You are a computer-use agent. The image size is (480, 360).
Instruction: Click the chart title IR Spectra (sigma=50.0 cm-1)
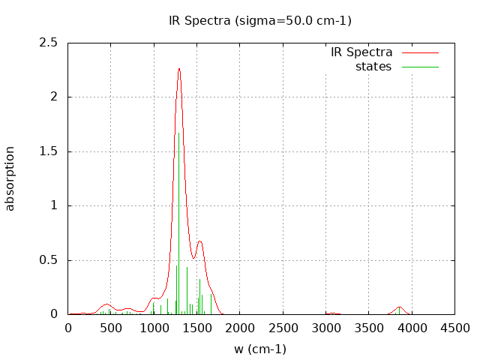pyautogui.click(x=260, y=20)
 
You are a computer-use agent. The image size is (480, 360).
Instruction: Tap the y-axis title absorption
pyautogui.click(x=10, y=178)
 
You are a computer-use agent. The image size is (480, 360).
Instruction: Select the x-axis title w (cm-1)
pyautogui.click(x=260, y=349)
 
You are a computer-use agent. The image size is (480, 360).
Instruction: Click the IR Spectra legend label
pyautogui.click(x=361, y=52)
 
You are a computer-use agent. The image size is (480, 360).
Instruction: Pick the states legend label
pyautogui.click(x=373, y=67)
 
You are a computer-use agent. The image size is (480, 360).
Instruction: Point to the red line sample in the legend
pyautogui.click(x=420, y=52)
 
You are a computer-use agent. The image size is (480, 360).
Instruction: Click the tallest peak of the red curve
pyautogui.click(x=179, y=69)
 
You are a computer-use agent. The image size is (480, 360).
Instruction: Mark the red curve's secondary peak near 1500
pyautogui.click(x=199, y=241)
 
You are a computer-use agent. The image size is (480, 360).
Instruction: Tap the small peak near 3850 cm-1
pyautogui.click(x=400, y=307)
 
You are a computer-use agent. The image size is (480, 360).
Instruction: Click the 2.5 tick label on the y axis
pyautogui.click(x=49, y=43)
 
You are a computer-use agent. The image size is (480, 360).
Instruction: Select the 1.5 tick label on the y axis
pyautogui.click(x=49, y=151)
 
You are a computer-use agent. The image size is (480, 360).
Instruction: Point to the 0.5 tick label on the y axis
pyautogui.click(x=49, y=260)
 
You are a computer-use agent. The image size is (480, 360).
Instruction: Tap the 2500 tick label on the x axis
pyautogui.click(x=283, y=328)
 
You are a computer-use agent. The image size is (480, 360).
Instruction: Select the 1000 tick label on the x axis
pyautogui.click(x=154, y=328)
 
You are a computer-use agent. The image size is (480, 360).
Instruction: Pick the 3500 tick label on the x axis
pyautogui.click(x=368, y=328)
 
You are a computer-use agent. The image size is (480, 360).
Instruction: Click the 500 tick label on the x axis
pyautogui.click(x=111, y=328)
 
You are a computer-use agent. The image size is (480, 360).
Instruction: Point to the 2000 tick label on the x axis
pyautogui.click(x=240, y=328)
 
